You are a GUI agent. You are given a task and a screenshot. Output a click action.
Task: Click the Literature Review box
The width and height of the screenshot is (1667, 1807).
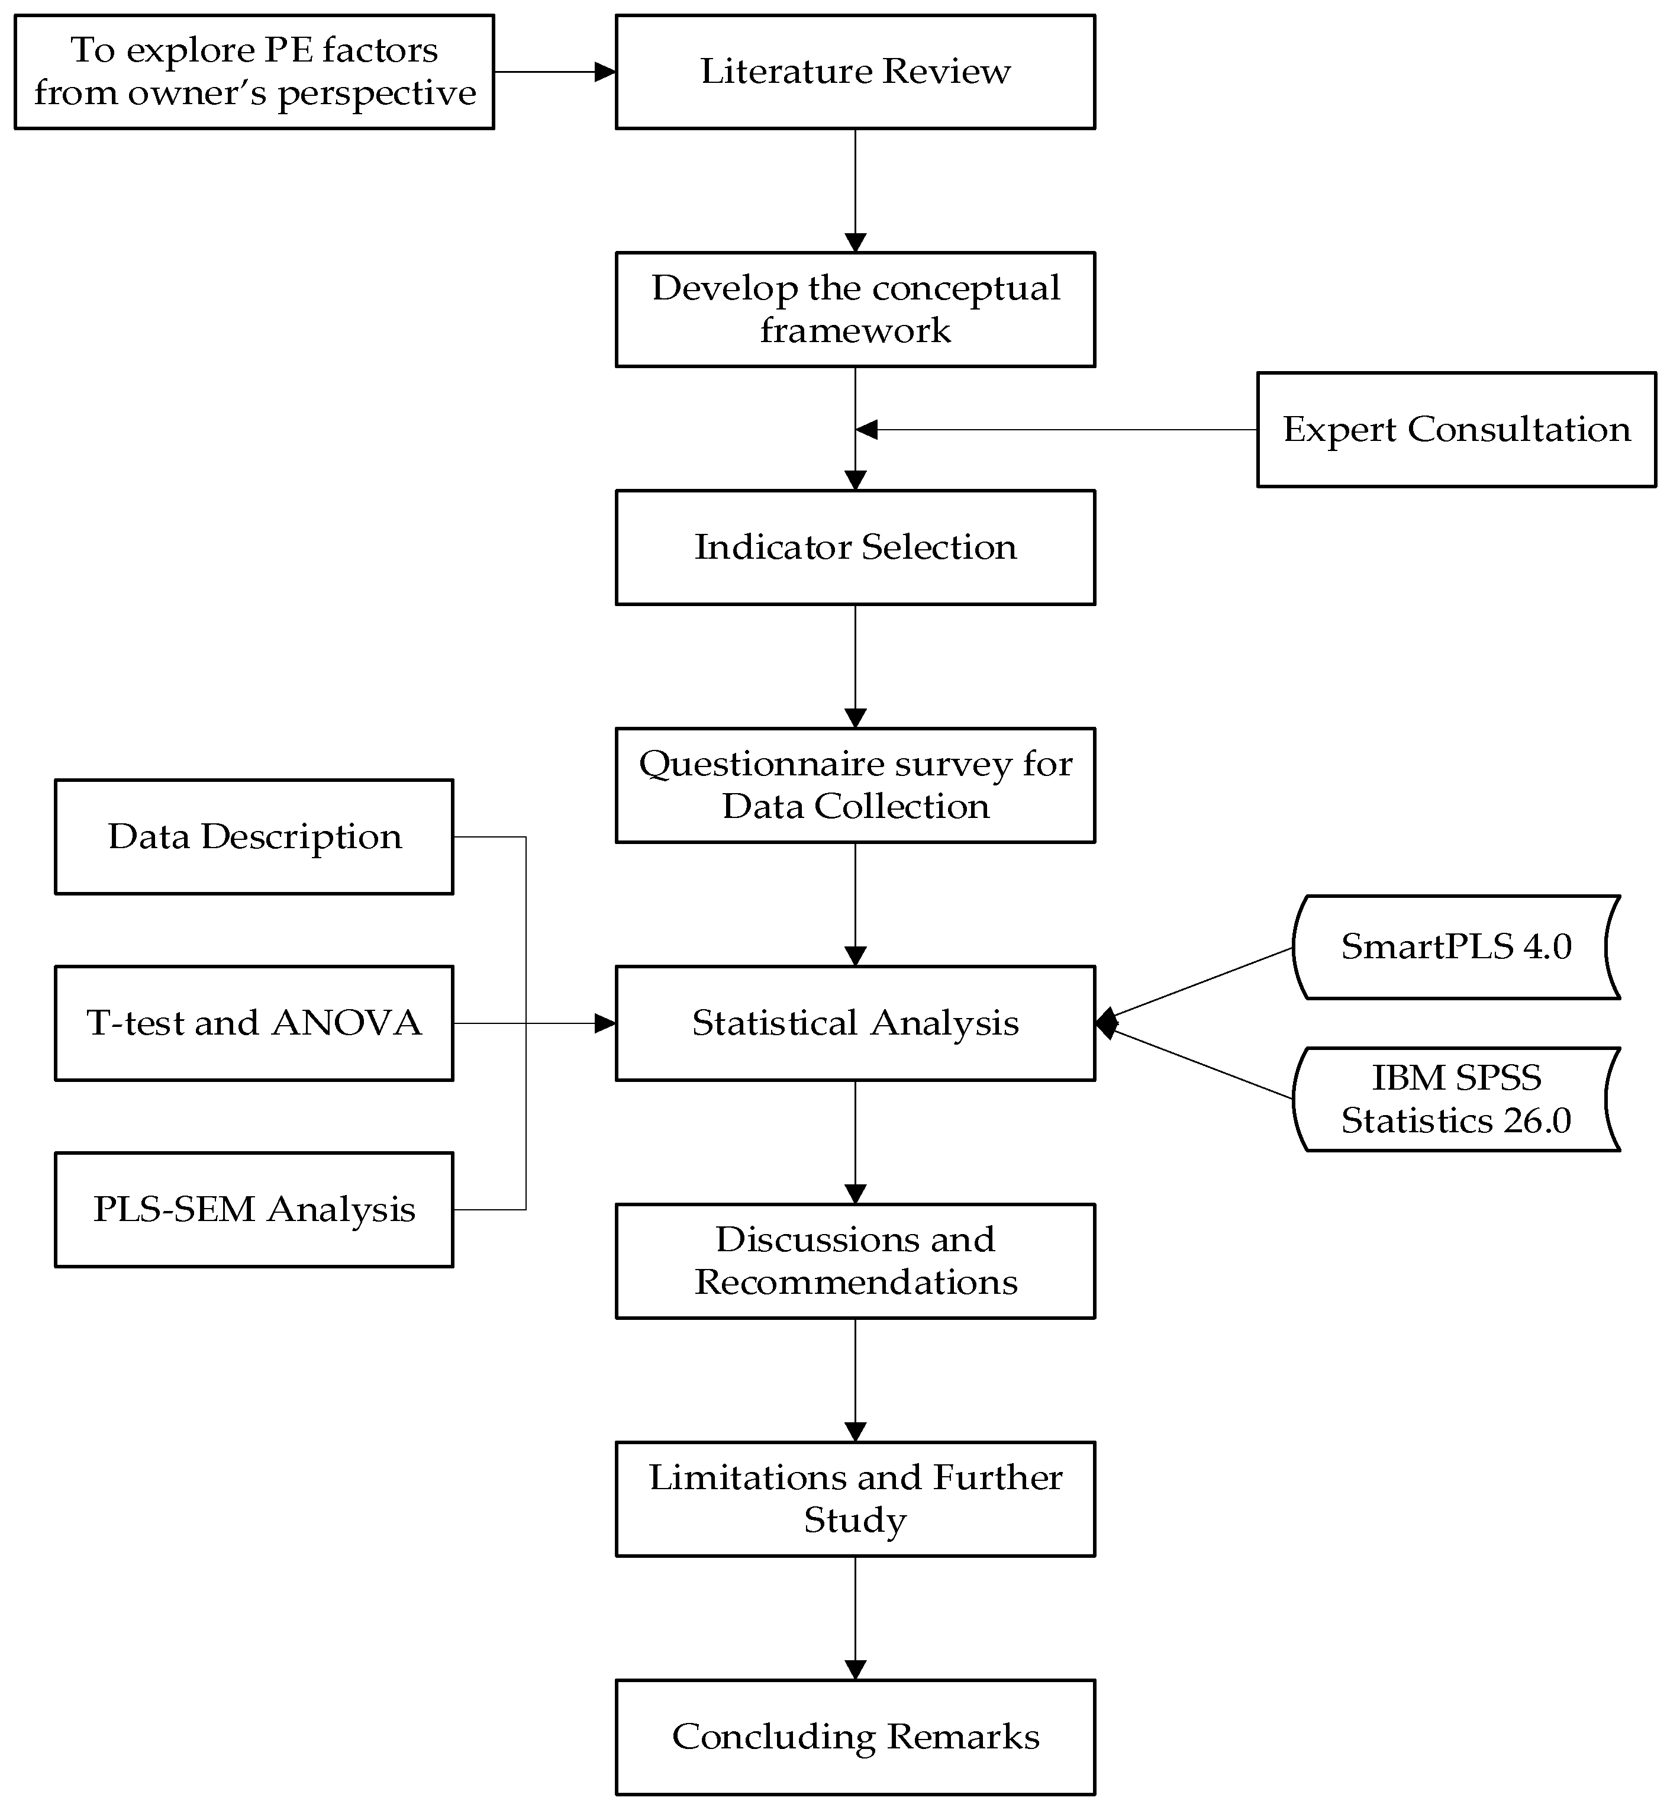855,72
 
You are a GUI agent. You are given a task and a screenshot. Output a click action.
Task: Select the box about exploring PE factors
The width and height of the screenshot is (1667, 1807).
254,72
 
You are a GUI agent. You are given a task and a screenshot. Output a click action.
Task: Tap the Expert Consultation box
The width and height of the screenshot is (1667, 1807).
1456,430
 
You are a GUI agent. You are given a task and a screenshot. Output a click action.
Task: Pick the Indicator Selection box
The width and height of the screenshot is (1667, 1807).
855,547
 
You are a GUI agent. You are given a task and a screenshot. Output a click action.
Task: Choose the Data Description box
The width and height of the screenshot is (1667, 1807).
254,837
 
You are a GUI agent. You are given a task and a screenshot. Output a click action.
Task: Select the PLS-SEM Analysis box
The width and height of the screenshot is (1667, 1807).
254,1210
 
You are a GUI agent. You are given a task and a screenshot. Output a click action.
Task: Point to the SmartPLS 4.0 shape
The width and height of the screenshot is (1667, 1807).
1456,947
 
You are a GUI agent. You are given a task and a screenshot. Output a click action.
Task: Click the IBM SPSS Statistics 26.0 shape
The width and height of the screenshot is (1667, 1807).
1456,1099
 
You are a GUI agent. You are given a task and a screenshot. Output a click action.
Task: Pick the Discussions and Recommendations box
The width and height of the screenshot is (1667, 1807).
855,1261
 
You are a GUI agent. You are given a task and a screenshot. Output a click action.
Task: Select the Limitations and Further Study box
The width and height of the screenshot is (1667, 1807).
855,1499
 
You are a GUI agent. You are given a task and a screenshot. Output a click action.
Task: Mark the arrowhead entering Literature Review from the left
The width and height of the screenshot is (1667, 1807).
605,72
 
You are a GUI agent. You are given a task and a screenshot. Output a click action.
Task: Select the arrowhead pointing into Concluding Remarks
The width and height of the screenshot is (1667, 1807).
855,1670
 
